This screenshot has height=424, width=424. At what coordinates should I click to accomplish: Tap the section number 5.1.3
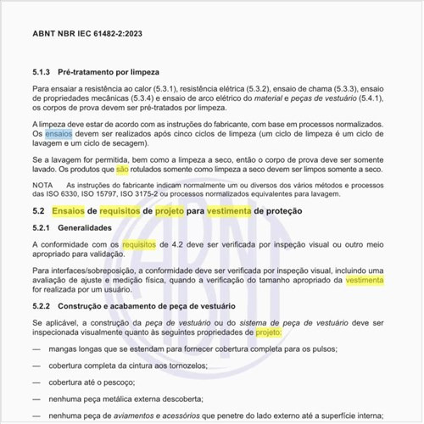pos(42,72)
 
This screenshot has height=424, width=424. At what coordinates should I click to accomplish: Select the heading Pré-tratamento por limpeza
pos(109,72)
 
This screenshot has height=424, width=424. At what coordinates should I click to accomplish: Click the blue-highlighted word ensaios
pos(59,134)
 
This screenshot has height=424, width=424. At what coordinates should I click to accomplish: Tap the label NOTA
pos(42,184)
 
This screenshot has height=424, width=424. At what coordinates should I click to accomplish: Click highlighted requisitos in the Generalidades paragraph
pos(139,244)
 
